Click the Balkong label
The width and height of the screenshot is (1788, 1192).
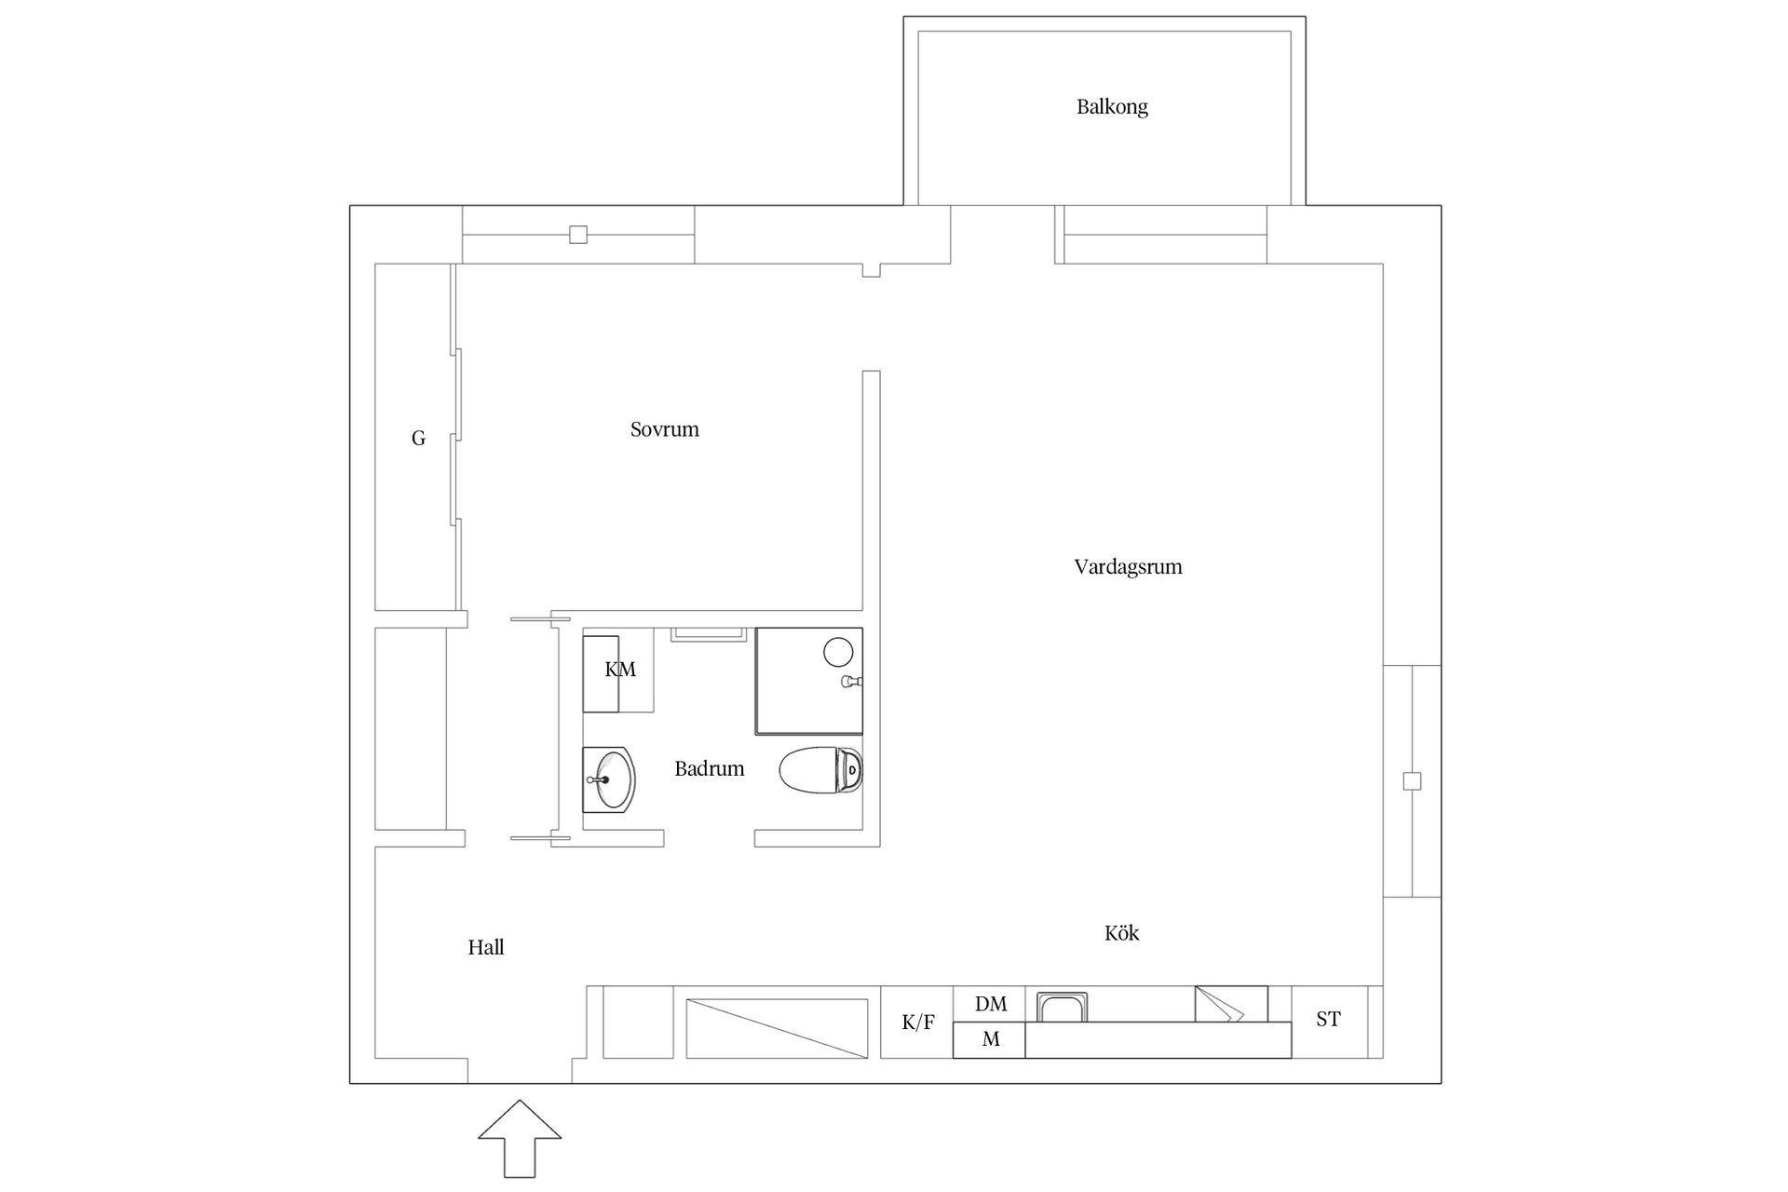[1112, 107]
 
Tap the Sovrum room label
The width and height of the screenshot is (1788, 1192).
[664, 429]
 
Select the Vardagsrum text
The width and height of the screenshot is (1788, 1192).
[1128, 567]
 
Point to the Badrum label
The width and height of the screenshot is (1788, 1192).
[709, 768]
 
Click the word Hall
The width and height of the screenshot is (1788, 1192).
[486, 947]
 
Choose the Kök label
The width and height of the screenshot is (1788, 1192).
[1121, 932]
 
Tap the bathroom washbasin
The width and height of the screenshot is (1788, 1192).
[610, 779]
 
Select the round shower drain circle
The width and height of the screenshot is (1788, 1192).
[838, 651]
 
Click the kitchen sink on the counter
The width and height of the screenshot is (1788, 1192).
[1063, 1008]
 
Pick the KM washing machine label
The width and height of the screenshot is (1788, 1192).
[620, 670]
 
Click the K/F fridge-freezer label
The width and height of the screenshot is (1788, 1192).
[917, 1023]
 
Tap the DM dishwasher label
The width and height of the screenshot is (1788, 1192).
[991, 1004]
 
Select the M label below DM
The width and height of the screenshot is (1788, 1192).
[991, 1039]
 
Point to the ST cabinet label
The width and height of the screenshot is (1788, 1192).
[1328, 1019]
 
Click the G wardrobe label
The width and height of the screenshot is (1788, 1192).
[418, 438]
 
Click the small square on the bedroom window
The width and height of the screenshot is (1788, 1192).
[578, 235]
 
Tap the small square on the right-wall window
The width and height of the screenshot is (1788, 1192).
[1412, 781]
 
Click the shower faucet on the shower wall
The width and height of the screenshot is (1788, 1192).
[851, 682]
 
